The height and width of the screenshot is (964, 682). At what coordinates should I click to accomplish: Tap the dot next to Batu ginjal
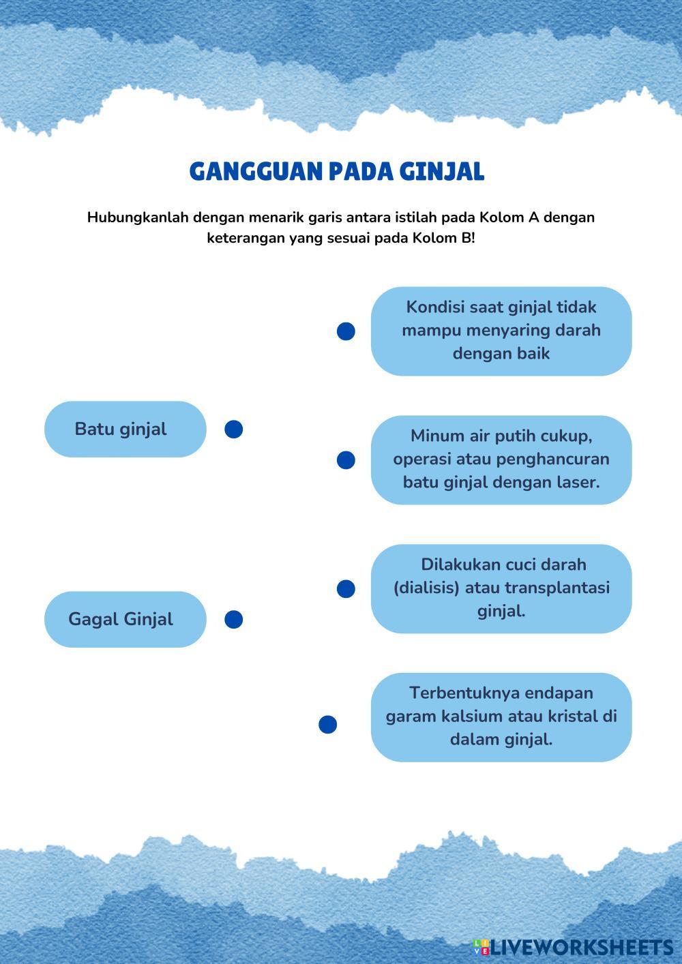coord(234,429)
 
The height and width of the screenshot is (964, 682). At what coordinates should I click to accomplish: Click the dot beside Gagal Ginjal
coord(234,619)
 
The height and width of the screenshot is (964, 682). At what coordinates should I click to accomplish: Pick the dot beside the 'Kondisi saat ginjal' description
coord(346,331)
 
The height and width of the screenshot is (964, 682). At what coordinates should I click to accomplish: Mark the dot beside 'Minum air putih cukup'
coord(346,460)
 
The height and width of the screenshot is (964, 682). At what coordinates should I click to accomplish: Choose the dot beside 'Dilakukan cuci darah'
coord(346,588)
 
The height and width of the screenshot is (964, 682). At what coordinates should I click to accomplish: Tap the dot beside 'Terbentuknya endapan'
coord(328,724)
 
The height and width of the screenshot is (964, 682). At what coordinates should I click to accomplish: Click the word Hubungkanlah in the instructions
coord(138,217)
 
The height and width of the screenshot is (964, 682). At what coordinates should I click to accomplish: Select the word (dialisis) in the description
coord(426,588)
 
